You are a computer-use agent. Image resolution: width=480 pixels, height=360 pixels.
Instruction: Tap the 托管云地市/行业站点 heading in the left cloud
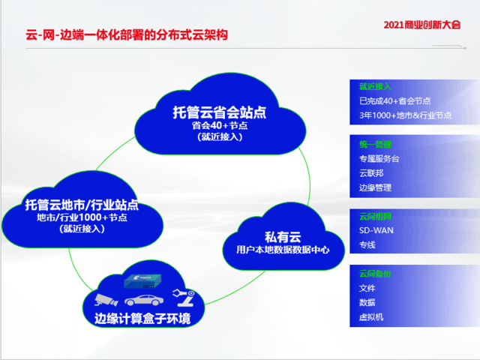pos(81,205)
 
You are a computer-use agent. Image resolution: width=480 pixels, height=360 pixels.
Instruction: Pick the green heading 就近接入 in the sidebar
pos(375,86)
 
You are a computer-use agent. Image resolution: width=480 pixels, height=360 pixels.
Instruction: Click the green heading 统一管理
pos(375,144)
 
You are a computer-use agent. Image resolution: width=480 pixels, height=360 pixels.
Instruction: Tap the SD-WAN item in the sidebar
pos(376,230)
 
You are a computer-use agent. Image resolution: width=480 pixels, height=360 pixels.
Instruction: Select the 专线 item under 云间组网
pos(367,244)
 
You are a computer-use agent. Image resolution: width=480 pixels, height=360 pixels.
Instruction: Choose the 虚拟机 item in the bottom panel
pos(371,317)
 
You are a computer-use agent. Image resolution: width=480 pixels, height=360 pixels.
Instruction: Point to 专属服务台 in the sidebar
pos(380,159)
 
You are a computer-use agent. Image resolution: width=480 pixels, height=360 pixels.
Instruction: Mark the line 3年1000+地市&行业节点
pos(405,115)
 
